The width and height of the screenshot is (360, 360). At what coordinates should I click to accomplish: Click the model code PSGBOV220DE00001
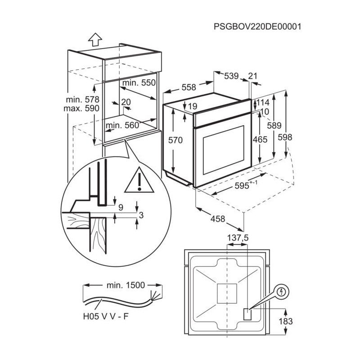[x=257, y=26]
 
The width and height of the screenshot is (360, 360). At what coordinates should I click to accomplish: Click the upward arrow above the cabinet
[x=94, y=40]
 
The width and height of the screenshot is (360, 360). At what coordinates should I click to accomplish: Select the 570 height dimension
[x=175, y=140]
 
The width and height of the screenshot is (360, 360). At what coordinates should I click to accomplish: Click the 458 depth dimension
[x=217, y=219]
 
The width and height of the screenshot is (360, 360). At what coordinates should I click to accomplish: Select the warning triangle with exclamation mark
[x=139, y=180]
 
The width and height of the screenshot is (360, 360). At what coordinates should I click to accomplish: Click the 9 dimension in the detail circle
[x=121, y=207]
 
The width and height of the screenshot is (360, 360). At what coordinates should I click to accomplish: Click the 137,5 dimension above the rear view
[x=238, y=237]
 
